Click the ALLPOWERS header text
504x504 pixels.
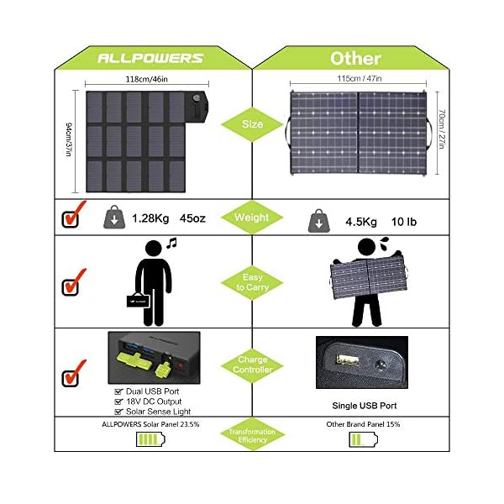(151, 58)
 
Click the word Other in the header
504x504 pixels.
(355, 58)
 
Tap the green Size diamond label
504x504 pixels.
(251, 123)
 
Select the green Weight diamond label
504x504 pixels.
(251, 218)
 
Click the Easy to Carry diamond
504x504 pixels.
(251, 282)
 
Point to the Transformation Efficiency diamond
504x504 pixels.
(251, 434)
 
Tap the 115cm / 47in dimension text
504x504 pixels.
(360, 80)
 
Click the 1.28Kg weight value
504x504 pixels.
(150, 218)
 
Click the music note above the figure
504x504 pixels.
(171, 244)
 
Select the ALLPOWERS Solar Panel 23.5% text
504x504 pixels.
(151, 423)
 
